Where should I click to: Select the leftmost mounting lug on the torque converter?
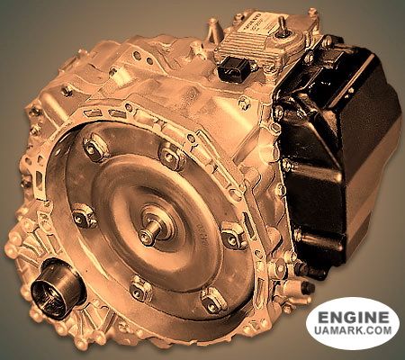click(83, 216)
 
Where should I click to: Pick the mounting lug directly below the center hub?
click(141, 288)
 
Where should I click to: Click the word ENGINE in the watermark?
click(352, 318)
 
